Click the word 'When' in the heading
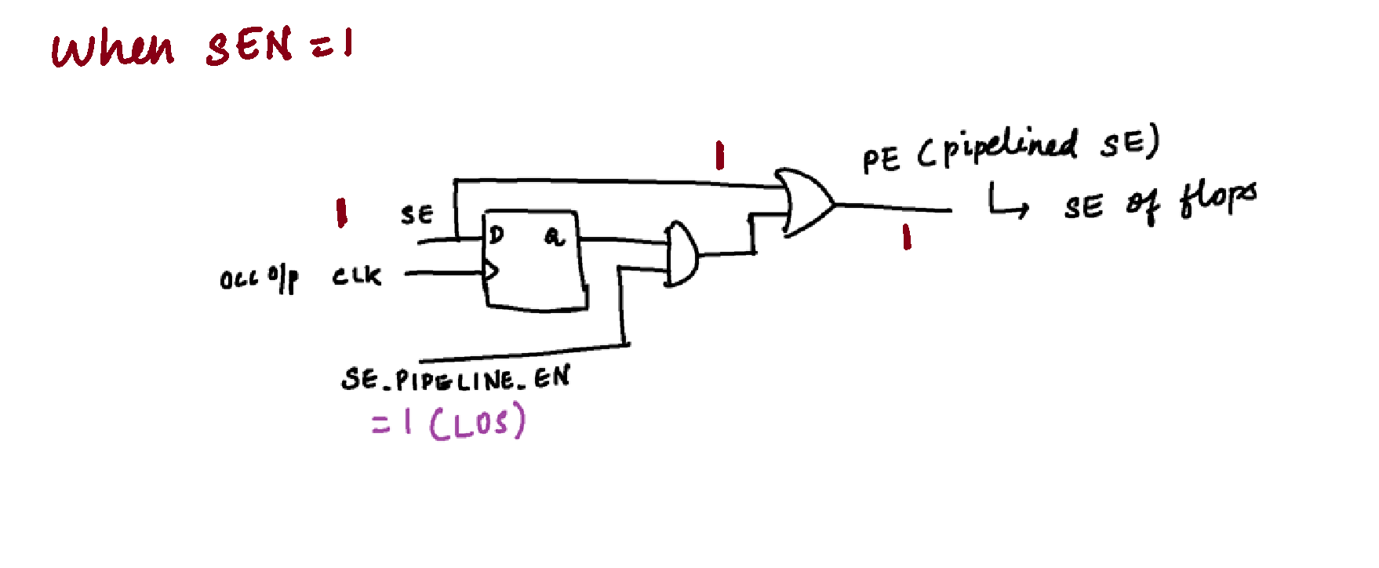113,49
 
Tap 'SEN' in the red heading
249,46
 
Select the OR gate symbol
806,202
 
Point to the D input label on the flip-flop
497,235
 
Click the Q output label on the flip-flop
554,235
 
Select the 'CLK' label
356,276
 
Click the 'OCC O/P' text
259,279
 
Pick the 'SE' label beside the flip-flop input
417,215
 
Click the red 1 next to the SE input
341,213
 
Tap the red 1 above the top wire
719,155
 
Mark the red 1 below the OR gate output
907,236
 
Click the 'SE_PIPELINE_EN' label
456,380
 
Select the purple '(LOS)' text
477,422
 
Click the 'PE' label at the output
881,160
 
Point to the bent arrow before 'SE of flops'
1007,202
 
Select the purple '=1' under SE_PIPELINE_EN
391,423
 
